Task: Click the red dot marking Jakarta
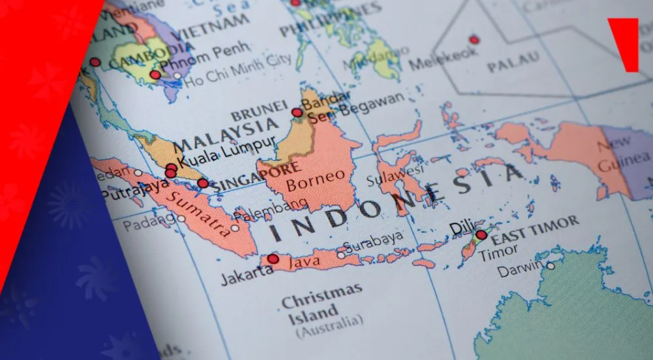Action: (x=273, y=259)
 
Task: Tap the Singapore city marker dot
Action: (x=203, y=183)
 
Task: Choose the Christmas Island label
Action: (x=322, y=305)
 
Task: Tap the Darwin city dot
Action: (x=551, y=265)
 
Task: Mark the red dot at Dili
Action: (x=481, y=235)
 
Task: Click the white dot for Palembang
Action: (x=235, y=228)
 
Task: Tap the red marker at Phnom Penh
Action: (x=155, y=75)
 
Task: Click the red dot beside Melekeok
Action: (x=474, y=40)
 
